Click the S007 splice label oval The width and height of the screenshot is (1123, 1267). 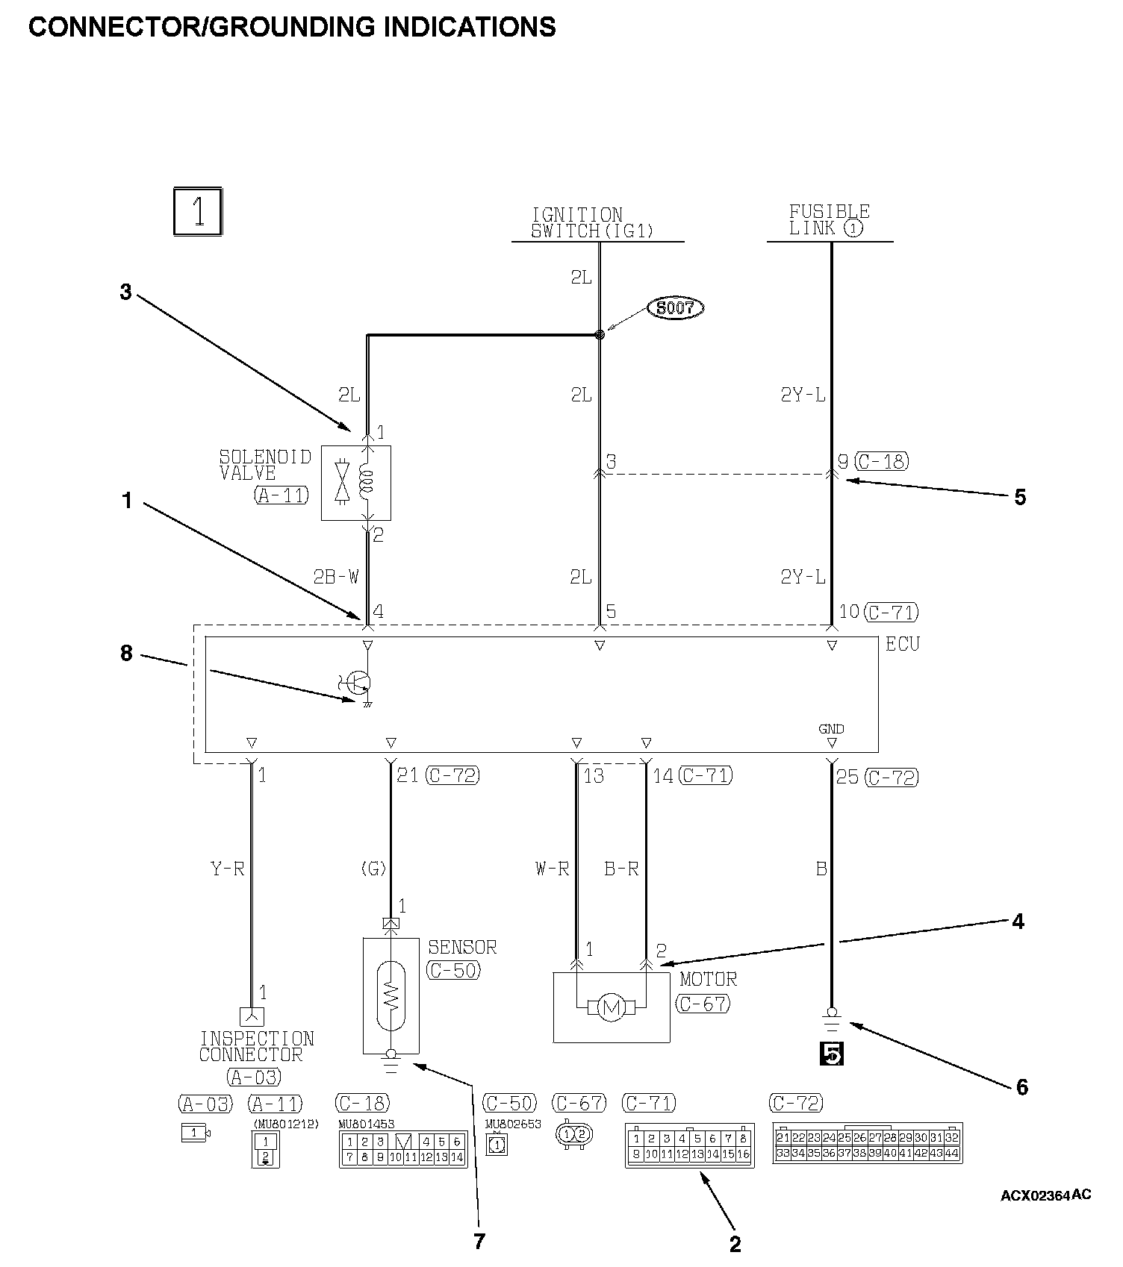click(676, 307)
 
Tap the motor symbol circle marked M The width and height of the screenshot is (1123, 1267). click(612, 1008)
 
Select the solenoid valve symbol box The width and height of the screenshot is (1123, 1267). click(356, 483)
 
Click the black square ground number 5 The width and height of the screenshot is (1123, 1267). click(832, 1054)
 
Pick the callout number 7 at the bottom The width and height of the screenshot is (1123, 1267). click(479, 1241)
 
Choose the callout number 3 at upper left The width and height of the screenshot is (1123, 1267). click(126, 292)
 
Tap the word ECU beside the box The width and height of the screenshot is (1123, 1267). click(903, 644)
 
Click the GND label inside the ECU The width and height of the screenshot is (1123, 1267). click(831, 729)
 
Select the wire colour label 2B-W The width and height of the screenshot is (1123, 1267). click(336, 577)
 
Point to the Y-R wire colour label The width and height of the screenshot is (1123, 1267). click(228, 869)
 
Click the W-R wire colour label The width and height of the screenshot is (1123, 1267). click(553, 869)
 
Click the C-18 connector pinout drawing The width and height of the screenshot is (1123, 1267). click(403, 1149)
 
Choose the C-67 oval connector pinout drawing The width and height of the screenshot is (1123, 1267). click(573, 1135)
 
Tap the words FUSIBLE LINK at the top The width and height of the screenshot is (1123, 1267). click(829, 220)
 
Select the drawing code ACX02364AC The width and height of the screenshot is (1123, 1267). click(1045, 1195)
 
